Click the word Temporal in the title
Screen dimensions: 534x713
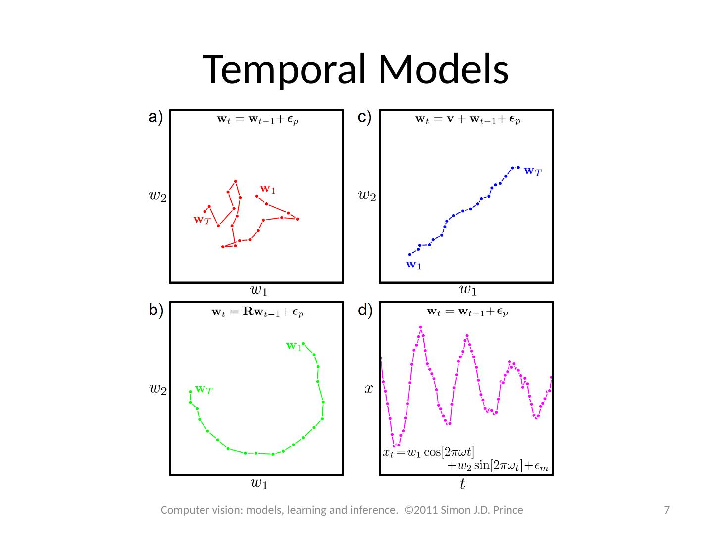tap(287, 69)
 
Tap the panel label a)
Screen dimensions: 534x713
tap(155, 118)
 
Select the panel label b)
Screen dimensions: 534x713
tap(156, 311)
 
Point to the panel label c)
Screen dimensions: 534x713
tap(365, 118)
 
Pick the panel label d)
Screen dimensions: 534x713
tap(365, 311)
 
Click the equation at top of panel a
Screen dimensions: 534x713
tap(257, 119)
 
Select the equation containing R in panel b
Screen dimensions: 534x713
tap(257, 312)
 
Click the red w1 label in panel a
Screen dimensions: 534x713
tap(267, 189)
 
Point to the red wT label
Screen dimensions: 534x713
tap(202, 220)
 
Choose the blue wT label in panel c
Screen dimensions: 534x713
tap(533, 172)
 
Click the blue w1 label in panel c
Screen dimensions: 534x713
tap(413, 265)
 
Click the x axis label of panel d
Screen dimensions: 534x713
tap(368, 389)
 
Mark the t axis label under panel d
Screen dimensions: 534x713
tap(462, 485)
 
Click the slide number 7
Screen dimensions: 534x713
tap(667, 510)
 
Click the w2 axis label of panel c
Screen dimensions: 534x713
tap(367, 196)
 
